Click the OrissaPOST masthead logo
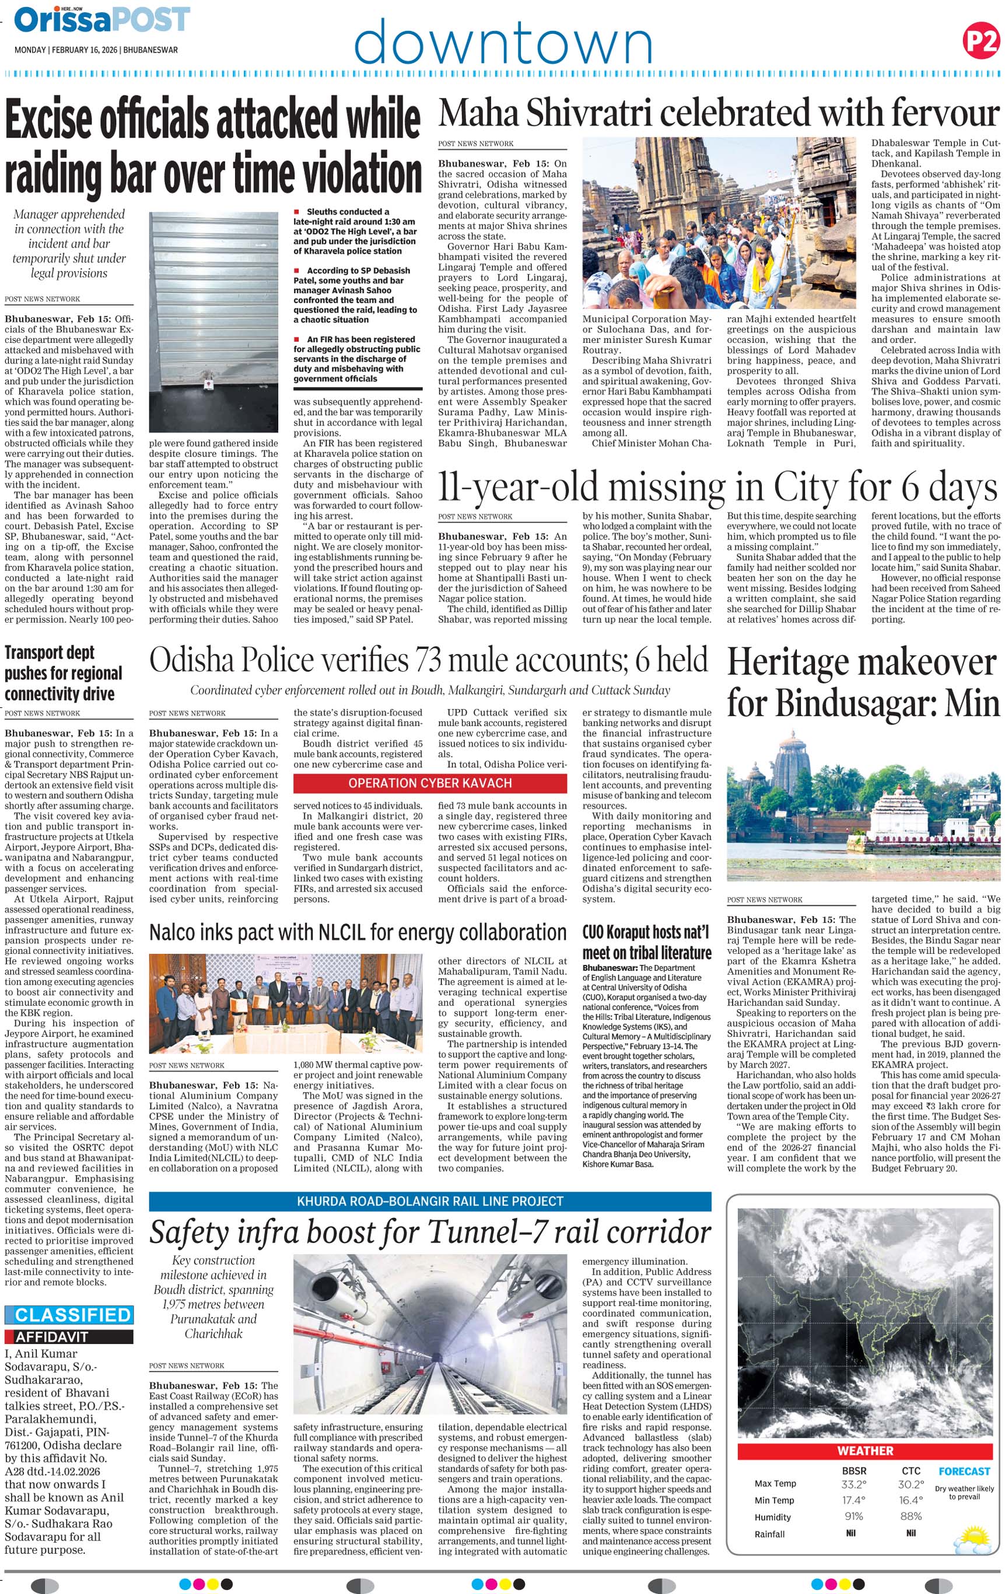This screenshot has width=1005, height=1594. point(102,20)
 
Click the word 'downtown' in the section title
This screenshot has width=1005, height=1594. point(503,43)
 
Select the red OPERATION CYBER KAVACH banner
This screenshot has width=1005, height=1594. point(430,783)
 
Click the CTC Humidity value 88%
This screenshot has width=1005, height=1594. point(911,1516)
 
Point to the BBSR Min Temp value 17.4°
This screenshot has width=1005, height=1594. point(853,1500)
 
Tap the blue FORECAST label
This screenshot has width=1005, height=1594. point(964,1471)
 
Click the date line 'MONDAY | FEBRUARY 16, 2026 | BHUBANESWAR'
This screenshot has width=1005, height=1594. point(96,50)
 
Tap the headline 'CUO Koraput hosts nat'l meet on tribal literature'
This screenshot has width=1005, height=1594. point(646,942)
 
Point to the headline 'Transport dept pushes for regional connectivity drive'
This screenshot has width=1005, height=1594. point(64,673)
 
